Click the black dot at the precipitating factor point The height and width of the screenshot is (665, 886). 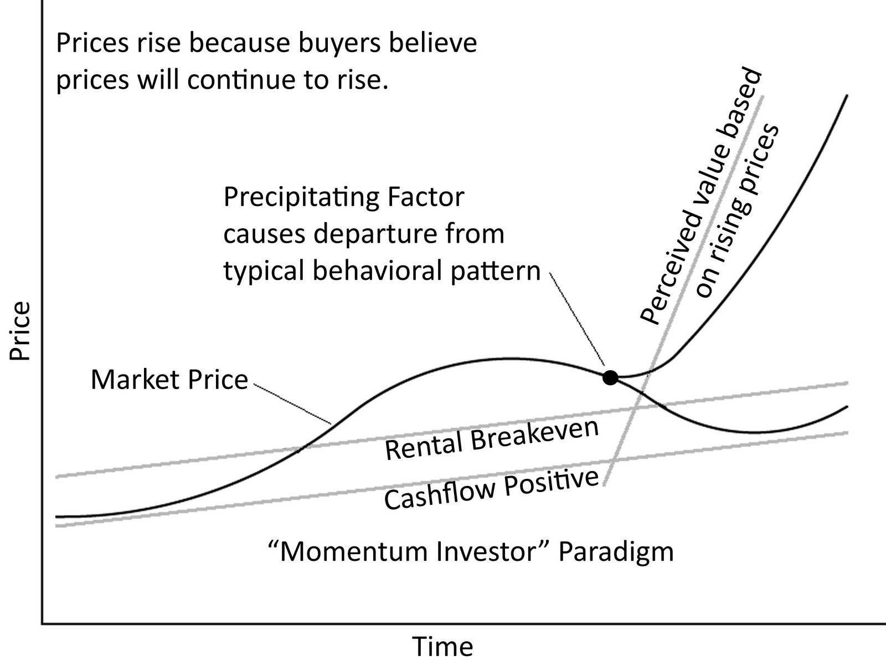pos(610,377)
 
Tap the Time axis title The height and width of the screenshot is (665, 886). pos(443,646)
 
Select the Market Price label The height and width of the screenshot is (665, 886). pos(169,380)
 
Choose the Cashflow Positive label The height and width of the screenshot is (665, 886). pos(491,489)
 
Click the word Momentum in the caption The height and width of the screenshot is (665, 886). pos(354,551)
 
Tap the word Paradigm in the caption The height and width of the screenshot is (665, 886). pos(616,552)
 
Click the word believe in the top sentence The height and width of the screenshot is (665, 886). pos(431,43)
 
